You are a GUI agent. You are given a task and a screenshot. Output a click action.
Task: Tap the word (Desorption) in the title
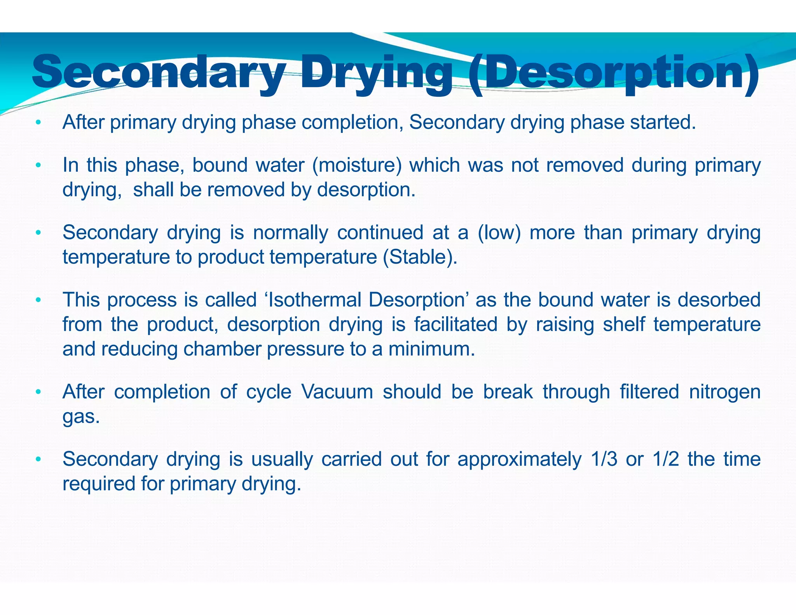pos(613,73)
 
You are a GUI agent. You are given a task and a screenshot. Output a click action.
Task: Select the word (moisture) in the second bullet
pos(357,165)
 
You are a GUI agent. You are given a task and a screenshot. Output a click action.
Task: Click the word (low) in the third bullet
pos(499,233)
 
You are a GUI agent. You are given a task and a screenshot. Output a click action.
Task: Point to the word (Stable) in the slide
pos(420,257)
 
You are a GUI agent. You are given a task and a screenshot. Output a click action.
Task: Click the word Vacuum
pos(337,392)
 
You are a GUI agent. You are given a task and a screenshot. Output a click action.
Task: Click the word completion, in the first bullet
pos(352,123)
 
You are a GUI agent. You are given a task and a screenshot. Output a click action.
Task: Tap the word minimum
pos(431,349)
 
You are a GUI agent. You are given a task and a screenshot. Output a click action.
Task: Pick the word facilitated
pos(456,325)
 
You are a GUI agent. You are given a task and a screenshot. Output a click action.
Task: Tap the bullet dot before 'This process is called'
pos(38,300)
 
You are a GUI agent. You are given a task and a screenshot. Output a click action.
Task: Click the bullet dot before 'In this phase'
pos(38,166)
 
